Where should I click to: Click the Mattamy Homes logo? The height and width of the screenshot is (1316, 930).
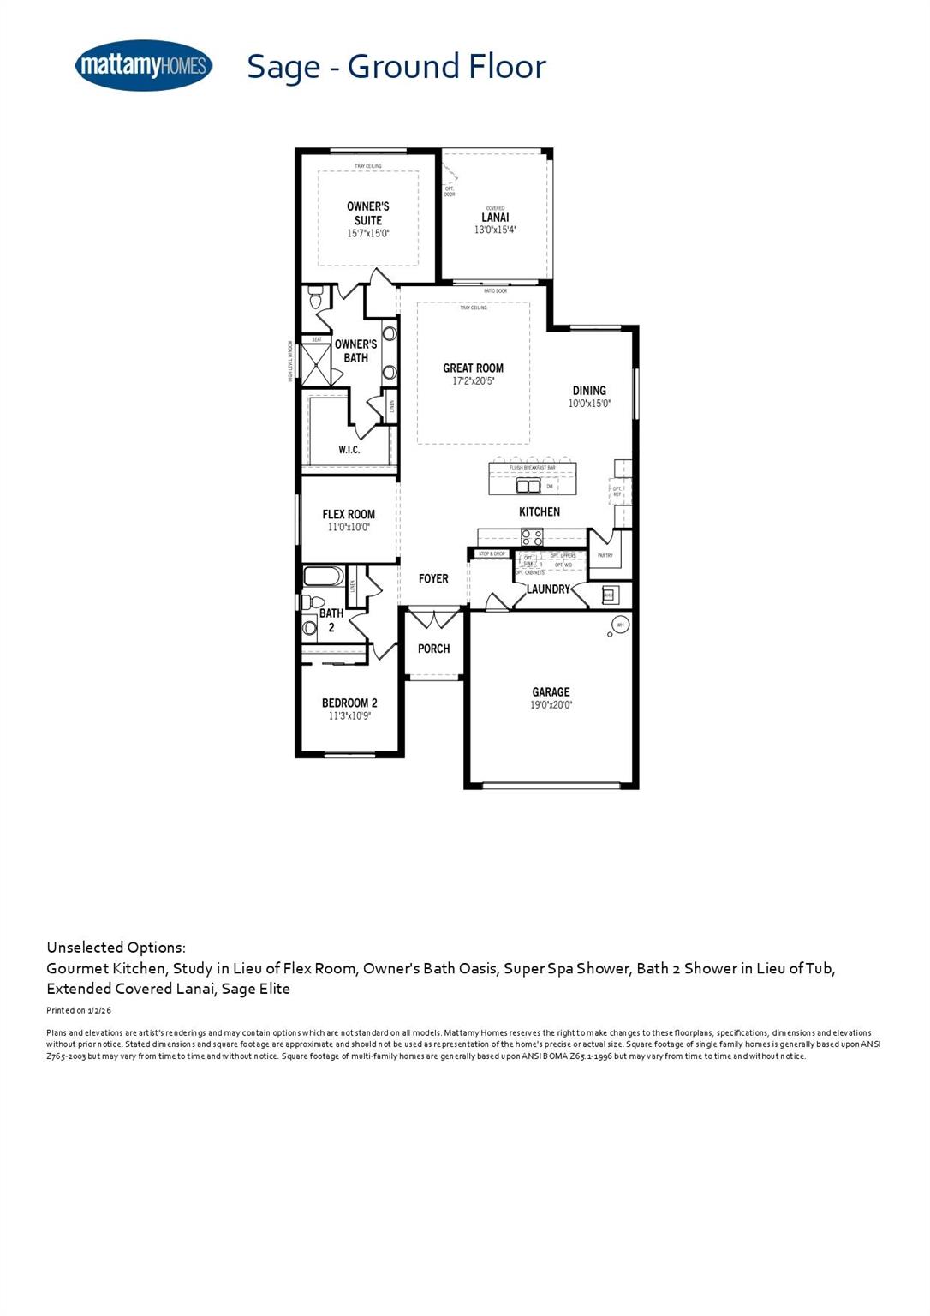coord(143,65)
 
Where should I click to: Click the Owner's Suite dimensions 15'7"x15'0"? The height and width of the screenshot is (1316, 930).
coord(368,233)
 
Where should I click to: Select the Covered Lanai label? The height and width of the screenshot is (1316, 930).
coord(495,217)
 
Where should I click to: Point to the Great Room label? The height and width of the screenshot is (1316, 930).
coord(473,368)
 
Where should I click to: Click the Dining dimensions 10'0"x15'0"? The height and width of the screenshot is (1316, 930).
coord(589,403)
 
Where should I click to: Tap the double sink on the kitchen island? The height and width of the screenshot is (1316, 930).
coord(528,486)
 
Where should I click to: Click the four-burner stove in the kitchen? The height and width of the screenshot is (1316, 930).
coord(532,537)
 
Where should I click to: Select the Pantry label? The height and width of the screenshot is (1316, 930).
coord(605,555)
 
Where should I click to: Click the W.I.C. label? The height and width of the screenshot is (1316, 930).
coord(349,450)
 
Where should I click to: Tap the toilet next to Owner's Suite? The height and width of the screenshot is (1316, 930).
coord(315,299)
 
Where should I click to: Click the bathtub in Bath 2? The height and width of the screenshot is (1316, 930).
coord(324,576)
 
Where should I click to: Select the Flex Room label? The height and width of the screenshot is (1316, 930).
coord(349,515)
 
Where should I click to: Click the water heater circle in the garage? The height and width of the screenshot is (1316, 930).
coord(620,625)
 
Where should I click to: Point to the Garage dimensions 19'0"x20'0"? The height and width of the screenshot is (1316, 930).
coord(551,705)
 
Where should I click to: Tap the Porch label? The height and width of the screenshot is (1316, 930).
coord(433,649)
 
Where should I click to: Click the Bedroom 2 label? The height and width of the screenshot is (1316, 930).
coord(349,703)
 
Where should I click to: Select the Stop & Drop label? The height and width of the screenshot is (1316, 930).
coord(492,554)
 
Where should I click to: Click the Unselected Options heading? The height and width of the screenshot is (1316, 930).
coord(116,948)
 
